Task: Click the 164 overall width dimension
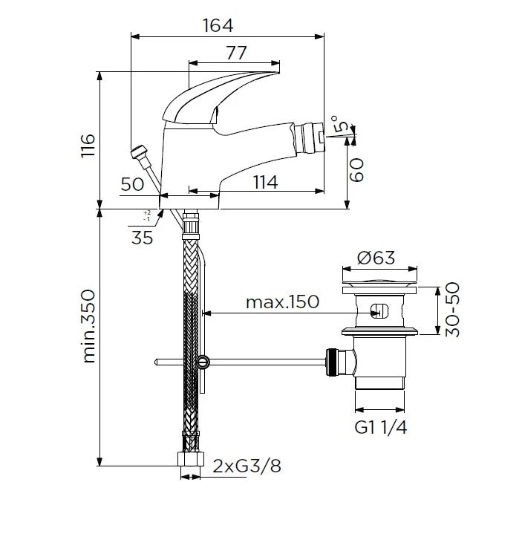click(x=218, y=25)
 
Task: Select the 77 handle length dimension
click(x=236, y=53)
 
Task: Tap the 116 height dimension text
click(x=88, y=146)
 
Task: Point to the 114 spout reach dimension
click(x=266, y=182)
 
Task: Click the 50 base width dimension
click(x=132, y=184)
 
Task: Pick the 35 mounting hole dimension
click(x=143, y=238)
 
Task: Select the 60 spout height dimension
click(x=357, y=170)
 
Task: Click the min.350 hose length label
click(x=89, y=326)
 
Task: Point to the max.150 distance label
click(x=283, y=302)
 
